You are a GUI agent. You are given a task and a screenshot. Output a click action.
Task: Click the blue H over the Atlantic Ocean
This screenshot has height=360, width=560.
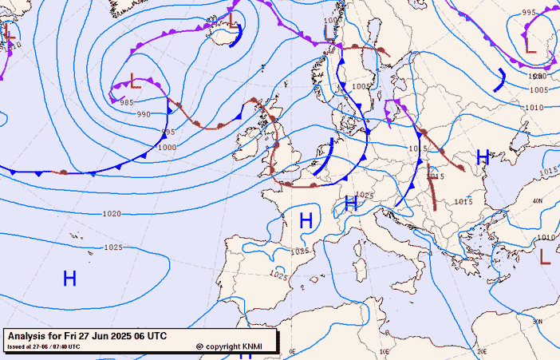point(69,278)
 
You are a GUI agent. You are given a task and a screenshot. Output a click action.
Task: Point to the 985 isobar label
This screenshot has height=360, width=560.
point(126,102)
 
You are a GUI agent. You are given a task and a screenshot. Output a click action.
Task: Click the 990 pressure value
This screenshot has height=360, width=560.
point(144,114)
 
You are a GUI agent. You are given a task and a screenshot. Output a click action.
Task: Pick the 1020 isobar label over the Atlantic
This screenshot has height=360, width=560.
point(112,214)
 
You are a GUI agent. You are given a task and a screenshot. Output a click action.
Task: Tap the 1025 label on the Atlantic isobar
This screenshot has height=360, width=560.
point(113,247)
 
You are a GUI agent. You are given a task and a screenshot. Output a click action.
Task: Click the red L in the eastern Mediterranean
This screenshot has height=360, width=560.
point(545,256)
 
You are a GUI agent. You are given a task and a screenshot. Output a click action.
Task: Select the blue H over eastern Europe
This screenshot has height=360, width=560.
point(482,156)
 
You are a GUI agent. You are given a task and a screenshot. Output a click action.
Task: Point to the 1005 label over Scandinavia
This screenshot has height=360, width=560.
point(361,86)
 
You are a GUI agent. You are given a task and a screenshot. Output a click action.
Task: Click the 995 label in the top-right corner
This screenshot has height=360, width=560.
point(529,13)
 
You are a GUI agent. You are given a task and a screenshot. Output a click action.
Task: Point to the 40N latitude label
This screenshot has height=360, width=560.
point(538,200)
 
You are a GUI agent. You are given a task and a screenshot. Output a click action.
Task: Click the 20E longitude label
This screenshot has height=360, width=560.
point(482,351)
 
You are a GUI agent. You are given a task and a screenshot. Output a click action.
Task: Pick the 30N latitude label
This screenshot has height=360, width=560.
point(538,321)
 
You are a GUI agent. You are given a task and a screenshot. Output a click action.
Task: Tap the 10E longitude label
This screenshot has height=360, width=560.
point(385,351)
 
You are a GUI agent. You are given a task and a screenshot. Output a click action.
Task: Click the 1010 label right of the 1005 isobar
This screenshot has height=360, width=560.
point(534,108)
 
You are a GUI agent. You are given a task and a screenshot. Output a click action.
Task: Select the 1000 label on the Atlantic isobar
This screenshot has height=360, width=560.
point(168,148)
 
